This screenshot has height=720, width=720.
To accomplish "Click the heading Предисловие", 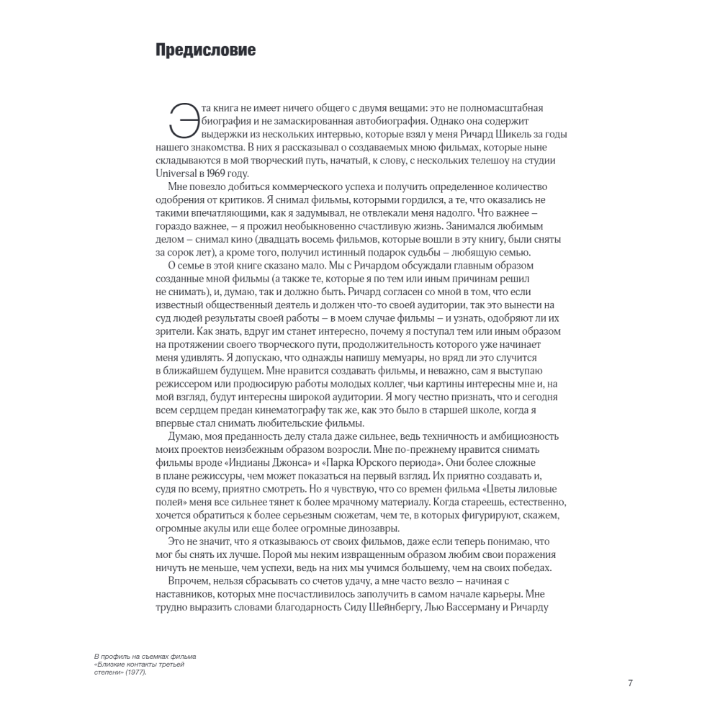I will coord(205,51).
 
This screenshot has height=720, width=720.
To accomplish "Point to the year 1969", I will coord(222,174).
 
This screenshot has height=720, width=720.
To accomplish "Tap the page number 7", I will coord(630,683).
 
